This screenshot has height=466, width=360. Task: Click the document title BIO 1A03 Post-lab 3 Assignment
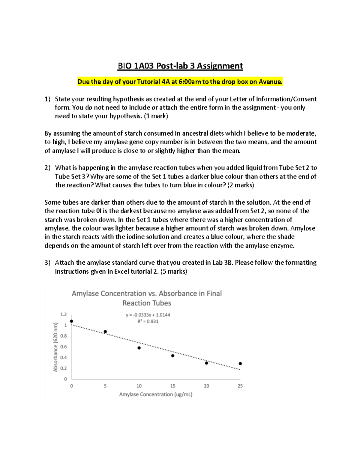[x=180, y=66]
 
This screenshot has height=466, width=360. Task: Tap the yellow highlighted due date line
[x=180, y=82]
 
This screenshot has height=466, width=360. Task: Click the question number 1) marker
[x=47, y=99]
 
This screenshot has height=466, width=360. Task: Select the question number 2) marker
[x=47, y=168]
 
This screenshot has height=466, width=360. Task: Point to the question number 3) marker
[x=47, y=263]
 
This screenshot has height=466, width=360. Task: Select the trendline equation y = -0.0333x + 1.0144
[x=148, y=315]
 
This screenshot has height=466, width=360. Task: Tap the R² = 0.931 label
[x=148, y=321]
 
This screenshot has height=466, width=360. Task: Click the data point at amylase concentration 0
[x=71, y=321]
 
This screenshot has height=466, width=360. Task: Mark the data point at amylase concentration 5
[x=105, y=332]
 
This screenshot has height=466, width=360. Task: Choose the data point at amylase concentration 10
[x=139, y=348]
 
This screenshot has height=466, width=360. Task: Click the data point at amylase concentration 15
[x=173, y=356]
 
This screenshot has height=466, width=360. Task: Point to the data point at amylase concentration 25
[x=240, y=363]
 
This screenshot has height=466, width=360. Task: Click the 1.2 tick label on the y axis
[x=63, y=314]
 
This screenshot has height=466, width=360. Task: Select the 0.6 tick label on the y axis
[x=63, y=347]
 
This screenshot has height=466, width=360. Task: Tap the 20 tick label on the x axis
[x=206, y=386]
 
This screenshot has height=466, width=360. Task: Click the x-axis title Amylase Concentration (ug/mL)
[x=156, y=394]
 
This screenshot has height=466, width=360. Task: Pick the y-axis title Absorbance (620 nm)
[x=55, y=347]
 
